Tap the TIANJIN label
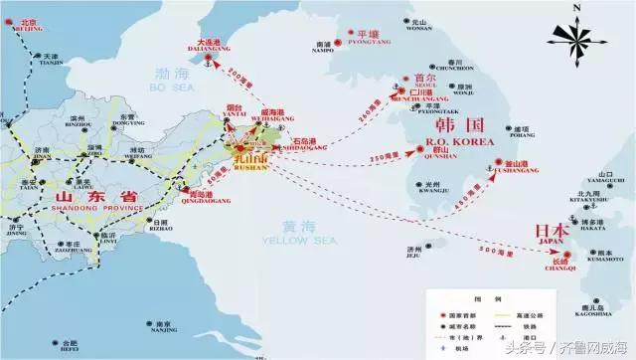tap(42, 66)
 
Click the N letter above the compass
tap(577, 7)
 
